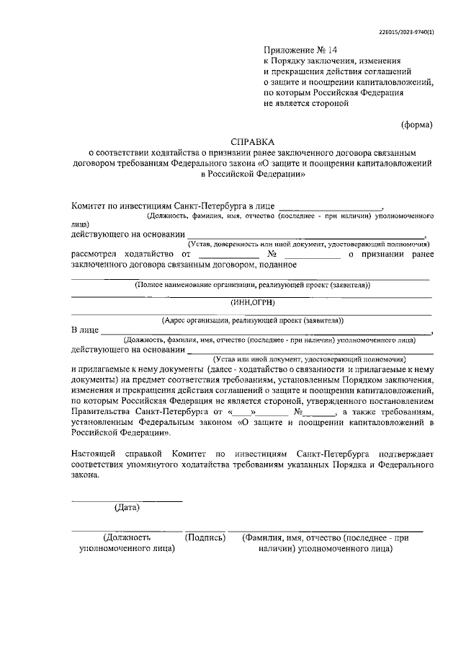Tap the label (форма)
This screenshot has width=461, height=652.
click(416, 124)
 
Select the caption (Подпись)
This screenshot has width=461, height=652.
click(205, 538)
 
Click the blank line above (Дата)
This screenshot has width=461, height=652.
click(127, 500)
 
